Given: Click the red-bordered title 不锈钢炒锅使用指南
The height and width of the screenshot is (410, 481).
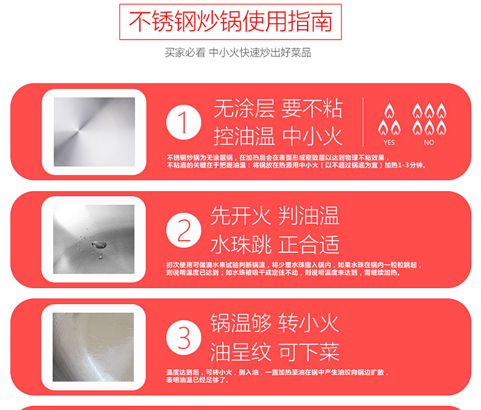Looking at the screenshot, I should [x=230, y=22].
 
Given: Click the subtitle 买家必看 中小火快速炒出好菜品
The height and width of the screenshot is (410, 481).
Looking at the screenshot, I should [x=238, y=53].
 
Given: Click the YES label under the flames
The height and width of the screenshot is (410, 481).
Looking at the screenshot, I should [x=389, y=143].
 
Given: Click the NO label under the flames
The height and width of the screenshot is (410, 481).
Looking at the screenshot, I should [x=429, y=143].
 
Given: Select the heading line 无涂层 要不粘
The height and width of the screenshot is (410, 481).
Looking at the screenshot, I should [x=278, y=109].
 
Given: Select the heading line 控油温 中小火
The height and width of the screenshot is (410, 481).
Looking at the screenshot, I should [x=278, y=136].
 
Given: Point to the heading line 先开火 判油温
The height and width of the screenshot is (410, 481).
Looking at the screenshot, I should [x=275, y=216].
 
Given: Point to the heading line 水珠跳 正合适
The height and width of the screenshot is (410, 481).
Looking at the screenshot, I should [x=275, y=244].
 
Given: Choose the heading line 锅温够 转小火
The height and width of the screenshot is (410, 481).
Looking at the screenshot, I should [x=275, y=323].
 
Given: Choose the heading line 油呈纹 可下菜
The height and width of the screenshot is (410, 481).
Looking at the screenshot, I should [x=275, y=352].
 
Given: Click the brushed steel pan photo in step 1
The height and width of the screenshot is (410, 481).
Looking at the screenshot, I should [x=94, y=132].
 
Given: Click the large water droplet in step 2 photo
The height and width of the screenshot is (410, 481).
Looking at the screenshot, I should [x=96, y=245].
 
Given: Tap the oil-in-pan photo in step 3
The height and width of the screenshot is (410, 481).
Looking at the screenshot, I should [x=94, y=347].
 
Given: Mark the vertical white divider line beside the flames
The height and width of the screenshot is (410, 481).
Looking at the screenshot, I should [x=363, y=122].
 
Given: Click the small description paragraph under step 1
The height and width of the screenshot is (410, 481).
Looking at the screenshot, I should [x=297, y=161].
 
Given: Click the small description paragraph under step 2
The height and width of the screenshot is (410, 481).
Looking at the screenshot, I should [x=292, y=269].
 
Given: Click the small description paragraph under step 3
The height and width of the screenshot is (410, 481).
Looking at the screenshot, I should [x=277, y=375].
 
